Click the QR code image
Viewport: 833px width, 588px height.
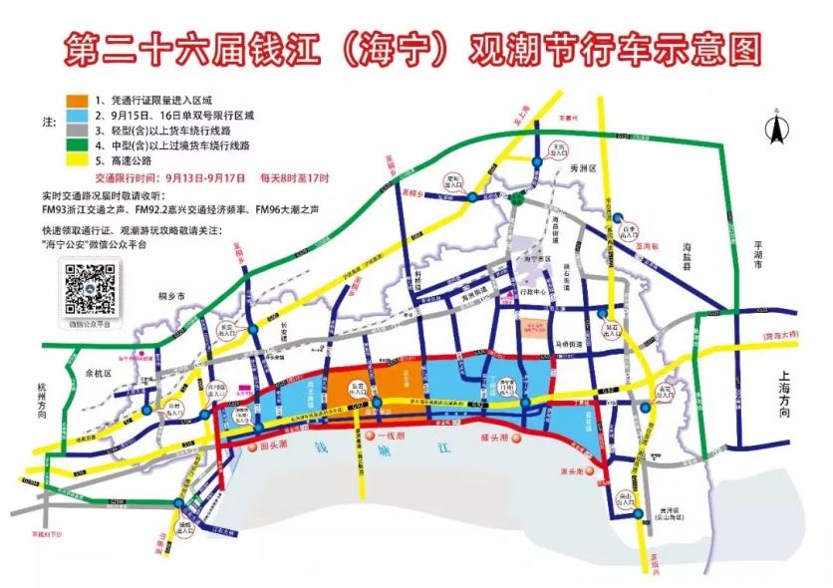pos(90,288)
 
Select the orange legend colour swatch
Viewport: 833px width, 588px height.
pos(76,101)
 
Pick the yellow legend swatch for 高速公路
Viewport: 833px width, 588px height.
pos(76,160)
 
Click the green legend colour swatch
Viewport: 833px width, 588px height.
pos(76,146)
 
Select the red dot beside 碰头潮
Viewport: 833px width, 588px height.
pos(516,440)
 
